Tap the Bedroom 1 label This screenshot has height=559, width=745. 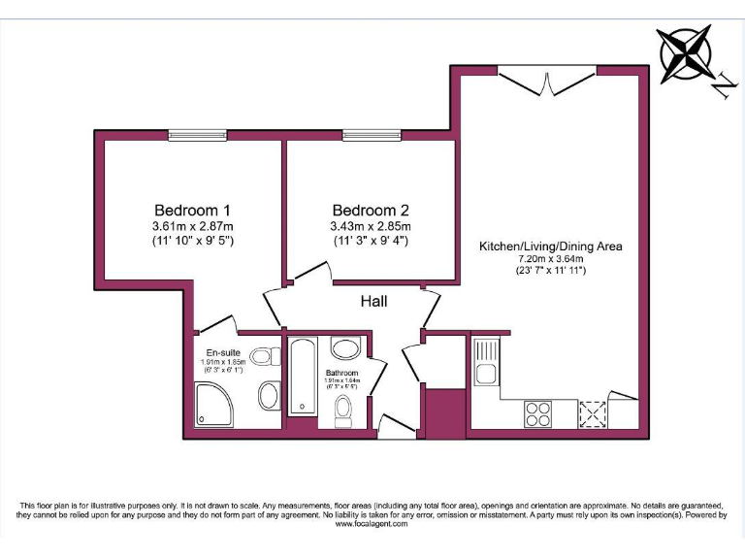192,211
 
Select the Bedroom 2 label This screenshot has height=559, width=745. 370,211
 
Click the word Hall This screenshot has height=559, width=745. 373,302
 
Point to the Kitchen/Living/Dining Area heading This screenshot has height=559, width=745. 550,247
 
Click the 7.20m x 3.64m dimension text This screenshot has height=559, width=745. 550,259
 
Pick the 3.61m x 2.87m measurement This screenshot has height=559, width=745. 192,227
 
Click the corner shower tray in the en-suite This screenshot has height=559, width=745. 213,404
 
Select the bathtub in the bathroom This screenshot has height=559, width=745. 304,378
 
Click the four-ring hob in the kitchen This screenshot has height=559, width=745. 537,413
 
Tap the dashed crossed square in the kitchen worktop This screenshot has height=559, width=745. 591,414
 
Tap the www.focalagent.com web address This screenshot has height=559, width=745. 372,524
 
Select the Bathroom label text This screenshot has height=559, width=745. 341,374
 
